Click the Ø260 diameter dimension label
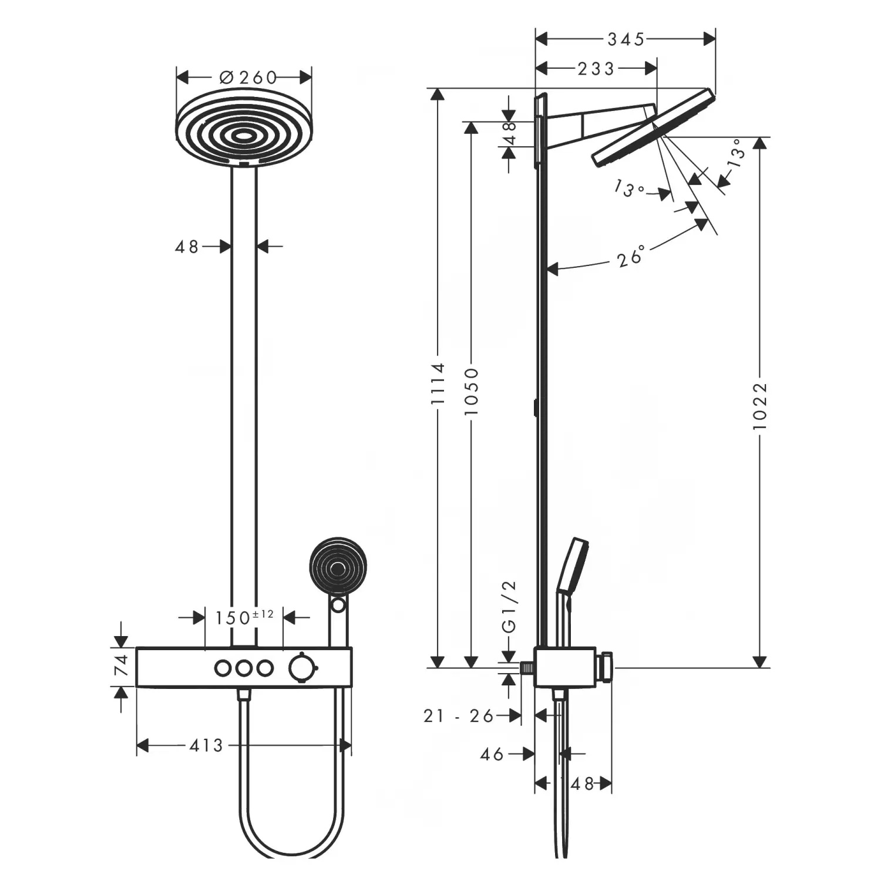(x=248, y=77)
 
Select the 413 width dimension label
(x=206, y=745)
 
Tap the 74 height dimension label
(x=121, y=666)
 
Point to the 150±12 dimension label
(x=244, y=617)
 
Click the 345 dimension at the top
(x=626, y=39)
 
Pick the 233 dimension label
(x=596, y=69)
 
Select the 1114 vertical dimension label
(x=438, y=384)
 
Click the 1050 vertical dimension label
(x=472, y=392)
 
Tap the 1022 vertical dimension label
(x=760, y=406)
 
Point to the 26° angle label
(x=631, y=257)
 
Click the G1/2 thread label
(x=509, y=606)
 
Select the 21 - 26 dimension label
(x=459, y=715)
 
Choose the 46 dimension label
(x=492, y=754)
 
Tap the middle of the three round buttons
(x=244, y=668)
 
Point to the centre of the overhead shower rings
(x=244, y=136)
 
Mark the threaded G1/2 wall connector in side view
(x=528, y=668)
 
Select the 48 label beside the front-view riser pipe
(x=187, y=247)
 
